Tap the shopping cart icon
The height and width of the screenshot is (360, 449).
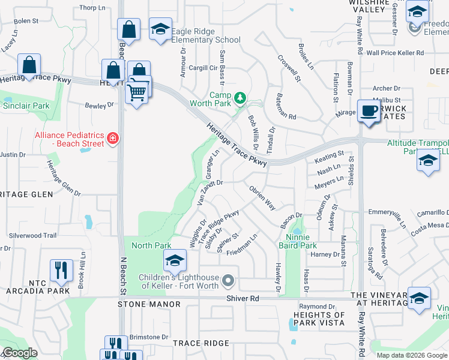pyautogui.click(x=137, y=93)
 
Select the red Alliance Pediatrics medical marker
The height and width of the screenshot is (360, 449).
pyautogui.click(x=112, y=139)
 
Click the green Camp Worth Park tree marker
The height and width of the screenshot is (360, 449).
pyautogui.click(x=240, y=97)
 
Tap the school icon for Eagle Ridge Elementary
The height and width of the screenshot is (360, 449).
pyautogui.click(x=160, y=29)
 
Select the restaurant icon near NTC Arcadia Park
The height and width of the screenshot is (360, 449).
pyautogui.click(x=61, y=271)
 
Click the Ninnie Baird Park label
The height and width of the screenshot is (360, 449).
pyautogui.click(x=297, y=245)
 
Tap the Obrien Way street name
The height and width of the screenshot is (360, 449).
pyautogui.click(x=262, y=197)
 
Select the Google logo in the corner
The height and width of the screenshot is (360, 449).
pyautogui.click(x=20, y=353)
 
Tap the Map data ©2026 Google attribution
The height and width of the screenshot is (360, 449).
pyautogui.click(x=412, y=355)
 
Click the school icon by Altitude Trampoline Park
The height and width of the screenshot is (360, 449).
pyautogui.click(x=428, y=161)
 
